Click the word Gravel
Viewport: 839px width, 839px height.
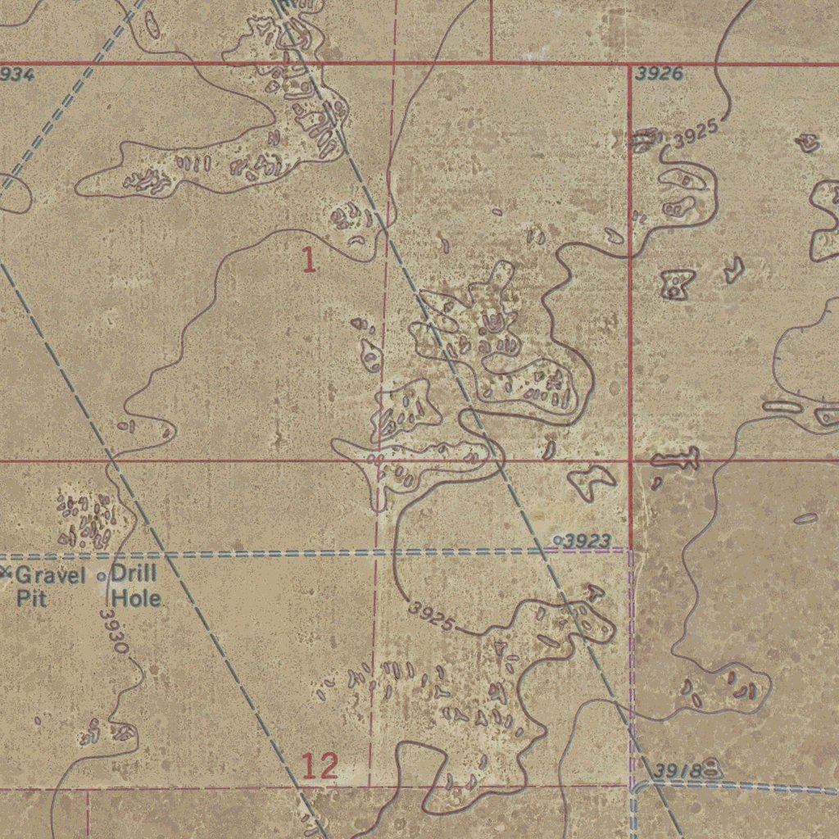point(50,575)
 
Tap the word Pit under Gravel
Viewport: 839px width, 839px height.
point(32,597)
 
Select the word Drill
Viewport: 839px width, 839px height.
point(134,574)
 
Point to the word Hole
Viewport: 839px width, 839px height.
point(136,598)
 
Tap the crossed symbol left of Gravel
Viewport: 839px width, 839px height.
point(5,570)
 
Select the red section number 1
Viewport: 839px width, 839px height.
point(308,261)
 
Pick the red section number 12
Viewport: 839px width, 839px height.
point(320,767)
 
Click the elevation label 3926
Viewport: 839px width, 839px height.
point(660,75)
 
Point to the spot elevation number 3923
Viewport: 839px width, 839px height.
point(587,541)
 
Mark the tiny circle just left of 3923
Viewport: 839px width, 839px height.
point(558,540)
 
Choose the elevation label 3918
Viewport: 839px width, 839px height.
point(679,771)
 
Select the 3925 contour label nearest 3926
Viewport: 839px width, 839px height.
point(696,134)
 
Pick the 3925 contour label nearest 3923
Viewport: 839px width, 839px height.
point(431,616)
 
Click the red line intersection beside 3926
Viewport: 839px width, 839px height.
point(629,63)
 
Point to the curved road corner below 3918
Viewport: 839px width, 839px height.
point(637,786)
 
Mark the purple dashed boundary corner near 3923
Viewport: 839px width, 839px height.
point(630,550)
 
